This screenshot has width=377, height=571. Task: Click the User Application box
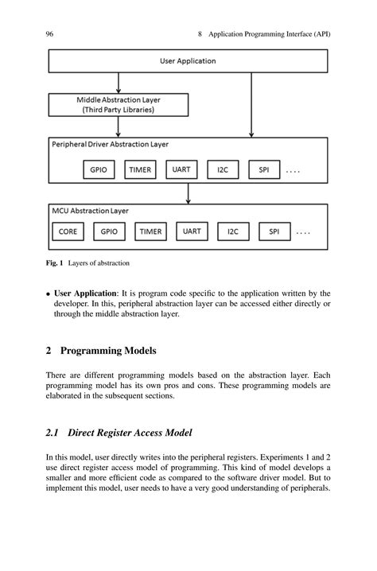click(188, 61)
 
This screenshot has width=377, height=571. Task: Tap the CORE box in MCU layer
click(68, 232)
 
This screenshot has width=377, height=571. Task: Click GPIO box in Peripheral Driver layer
click(99, 169)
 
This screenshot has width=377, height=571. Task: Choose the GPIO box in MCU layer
click(109, 232)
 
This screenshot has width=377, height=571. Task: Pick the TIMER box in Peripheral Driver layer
click(141, 169)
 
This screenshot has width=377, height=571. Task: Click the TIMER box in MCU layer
click(150, 232)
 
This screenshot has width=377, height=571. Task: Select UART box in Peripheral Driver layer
click(181, 169)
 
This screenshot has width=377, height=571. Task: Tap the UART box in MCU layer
click(192, 231)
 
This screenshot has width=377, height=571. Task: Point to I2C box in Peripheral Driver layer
click(222, 169)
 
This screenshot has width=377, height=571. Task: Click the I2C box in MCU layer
click(233, 232)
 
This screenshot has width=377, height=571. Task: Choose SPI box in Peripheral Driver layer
click(263, 169)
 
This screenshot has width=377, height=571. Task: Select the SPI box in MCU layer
click(274, 232)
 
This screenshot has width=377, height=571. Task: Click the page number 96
click(49, 33)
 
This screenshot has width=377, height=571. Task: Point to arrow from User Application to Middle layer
click(119, 83)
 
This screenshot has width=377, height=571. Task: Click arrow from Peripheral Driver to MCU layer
click(188, 193)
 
